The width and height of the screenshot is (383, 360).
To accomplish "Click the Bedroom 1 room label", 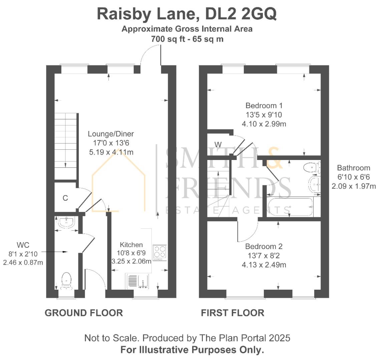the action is (x=264, y=106).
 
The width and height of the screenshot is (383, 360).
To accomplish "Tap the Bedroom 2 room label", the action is (x=264, y=247).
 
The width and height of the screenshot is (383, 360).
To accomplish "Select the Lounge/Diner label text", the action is (x=111, y=134).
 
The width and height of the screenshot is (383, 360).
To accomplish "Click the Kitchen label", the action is (x=131, y=245).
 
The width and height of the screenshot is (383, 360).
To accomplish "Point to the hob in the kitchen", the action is (x=160, y=253).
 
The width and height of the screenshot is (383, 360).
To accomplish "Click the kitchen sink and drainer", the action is (x=138, y=281).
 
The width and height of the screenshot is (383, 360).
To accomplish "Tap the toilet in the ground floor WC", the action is (x=66, y=281).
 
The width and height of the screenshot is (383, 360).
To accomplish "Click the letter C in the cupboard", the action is (x=65, y=198).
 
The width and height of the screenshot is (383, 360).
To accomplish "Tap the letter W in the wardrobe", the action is (x=218, y=144).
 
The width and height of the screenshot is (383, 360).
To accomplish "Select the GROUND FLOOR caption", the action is (x=83, y=313).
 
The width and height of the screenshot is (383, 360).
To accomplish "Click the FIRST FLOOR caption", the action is (x=233, y=313).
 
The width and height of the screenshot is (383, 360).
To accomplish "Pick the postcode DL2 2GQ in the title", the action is (x=241, y=14).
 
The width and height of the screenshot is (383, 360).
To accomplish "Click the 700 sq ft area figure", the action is (x=168, y=39).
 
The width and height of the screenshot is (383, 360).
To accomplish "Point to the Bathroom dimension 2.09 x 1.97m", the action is (x=353, y=186).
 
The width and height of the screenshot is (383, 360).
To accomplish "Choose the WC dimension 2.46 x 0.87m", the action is (x=23, y=263).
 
